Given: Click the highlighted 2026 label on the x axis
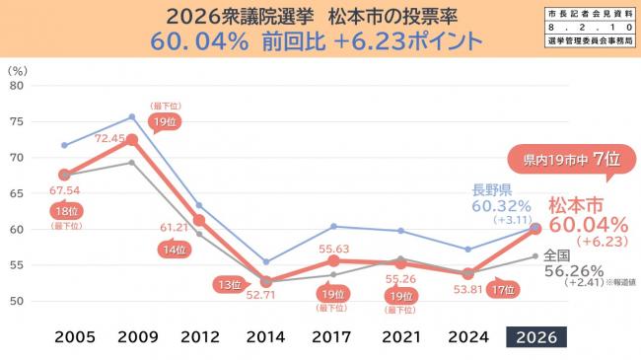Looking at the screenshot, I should pos(536,336).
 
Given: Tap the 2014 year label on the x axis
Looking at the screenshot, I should pos(266,336).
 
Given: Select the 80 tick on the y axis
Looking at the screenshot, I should pos(16,85).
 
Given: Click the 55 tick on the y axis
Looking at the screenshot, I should pos(16,266).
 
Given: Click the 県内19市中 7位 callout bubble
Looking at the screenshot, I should pos(558,159).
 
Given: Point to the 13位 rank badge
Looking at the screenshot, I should pos(229,284).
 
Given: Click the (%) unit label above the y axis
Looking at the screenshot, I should pos(17,70).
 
